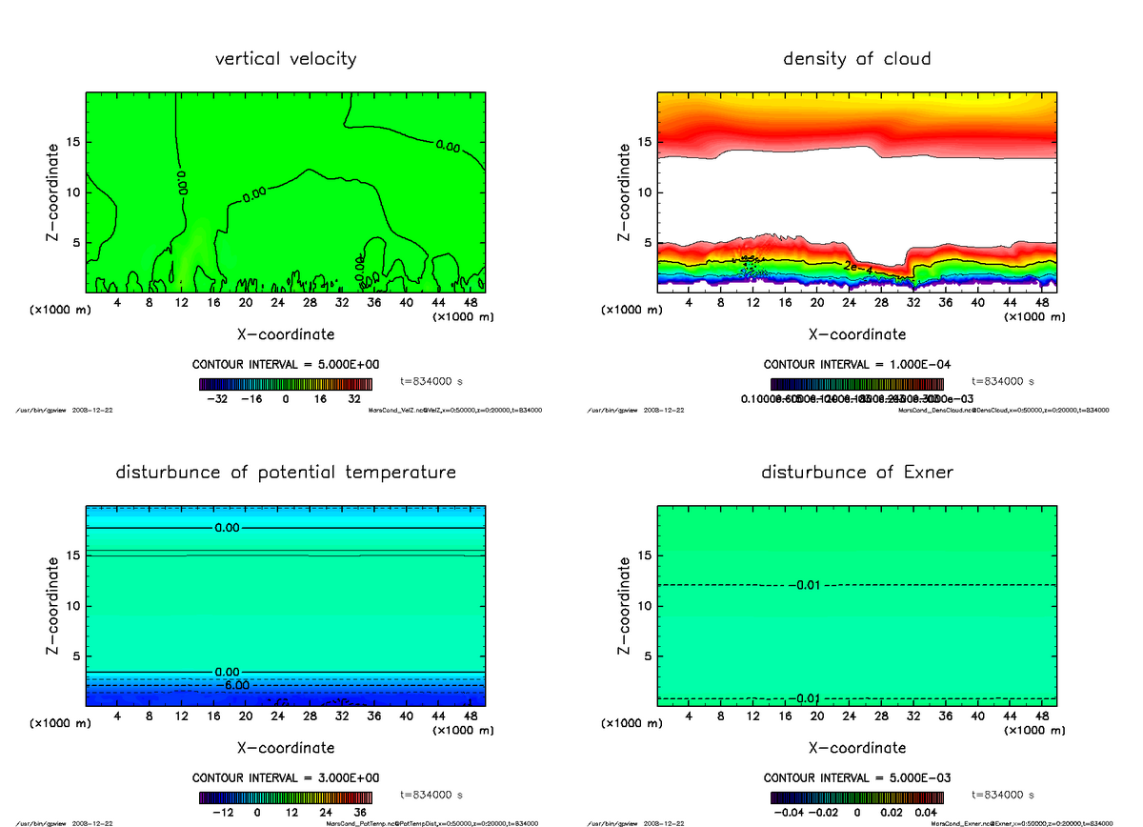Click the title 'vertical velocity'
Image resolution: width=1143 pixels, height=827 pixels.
point(286,59)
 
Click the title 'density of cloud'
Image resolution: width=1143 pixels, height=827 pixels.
point(856,59)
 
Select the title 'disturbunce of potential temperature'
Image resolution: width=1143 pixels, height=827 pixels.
point(286,473)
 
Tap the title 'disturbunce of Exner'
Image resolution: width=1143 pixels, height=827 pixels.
point(856,473)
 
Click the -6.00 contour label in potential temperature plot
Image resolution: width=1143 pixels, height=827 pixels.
point(232,685)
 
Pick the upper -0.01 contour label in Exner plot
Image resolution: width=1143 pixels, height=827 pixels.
point(806,584)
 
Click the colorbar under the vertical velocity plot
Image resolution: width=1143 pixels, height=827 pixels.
point(286,384)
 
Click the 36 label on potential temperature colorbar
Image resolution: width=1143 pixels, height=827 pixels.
point(360,813)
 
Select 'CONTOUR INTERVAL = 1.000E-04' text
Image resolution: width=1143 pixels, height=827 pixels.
point(856,365)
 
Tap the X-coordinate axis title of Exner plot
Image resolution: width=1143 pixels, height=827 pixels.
point(856,748)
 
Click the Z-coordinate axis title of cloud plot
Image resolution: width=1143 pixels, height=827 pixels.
point(625,192)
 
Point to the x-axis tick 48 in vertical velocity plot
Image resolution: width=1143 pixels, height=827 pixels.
point(470,303)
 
